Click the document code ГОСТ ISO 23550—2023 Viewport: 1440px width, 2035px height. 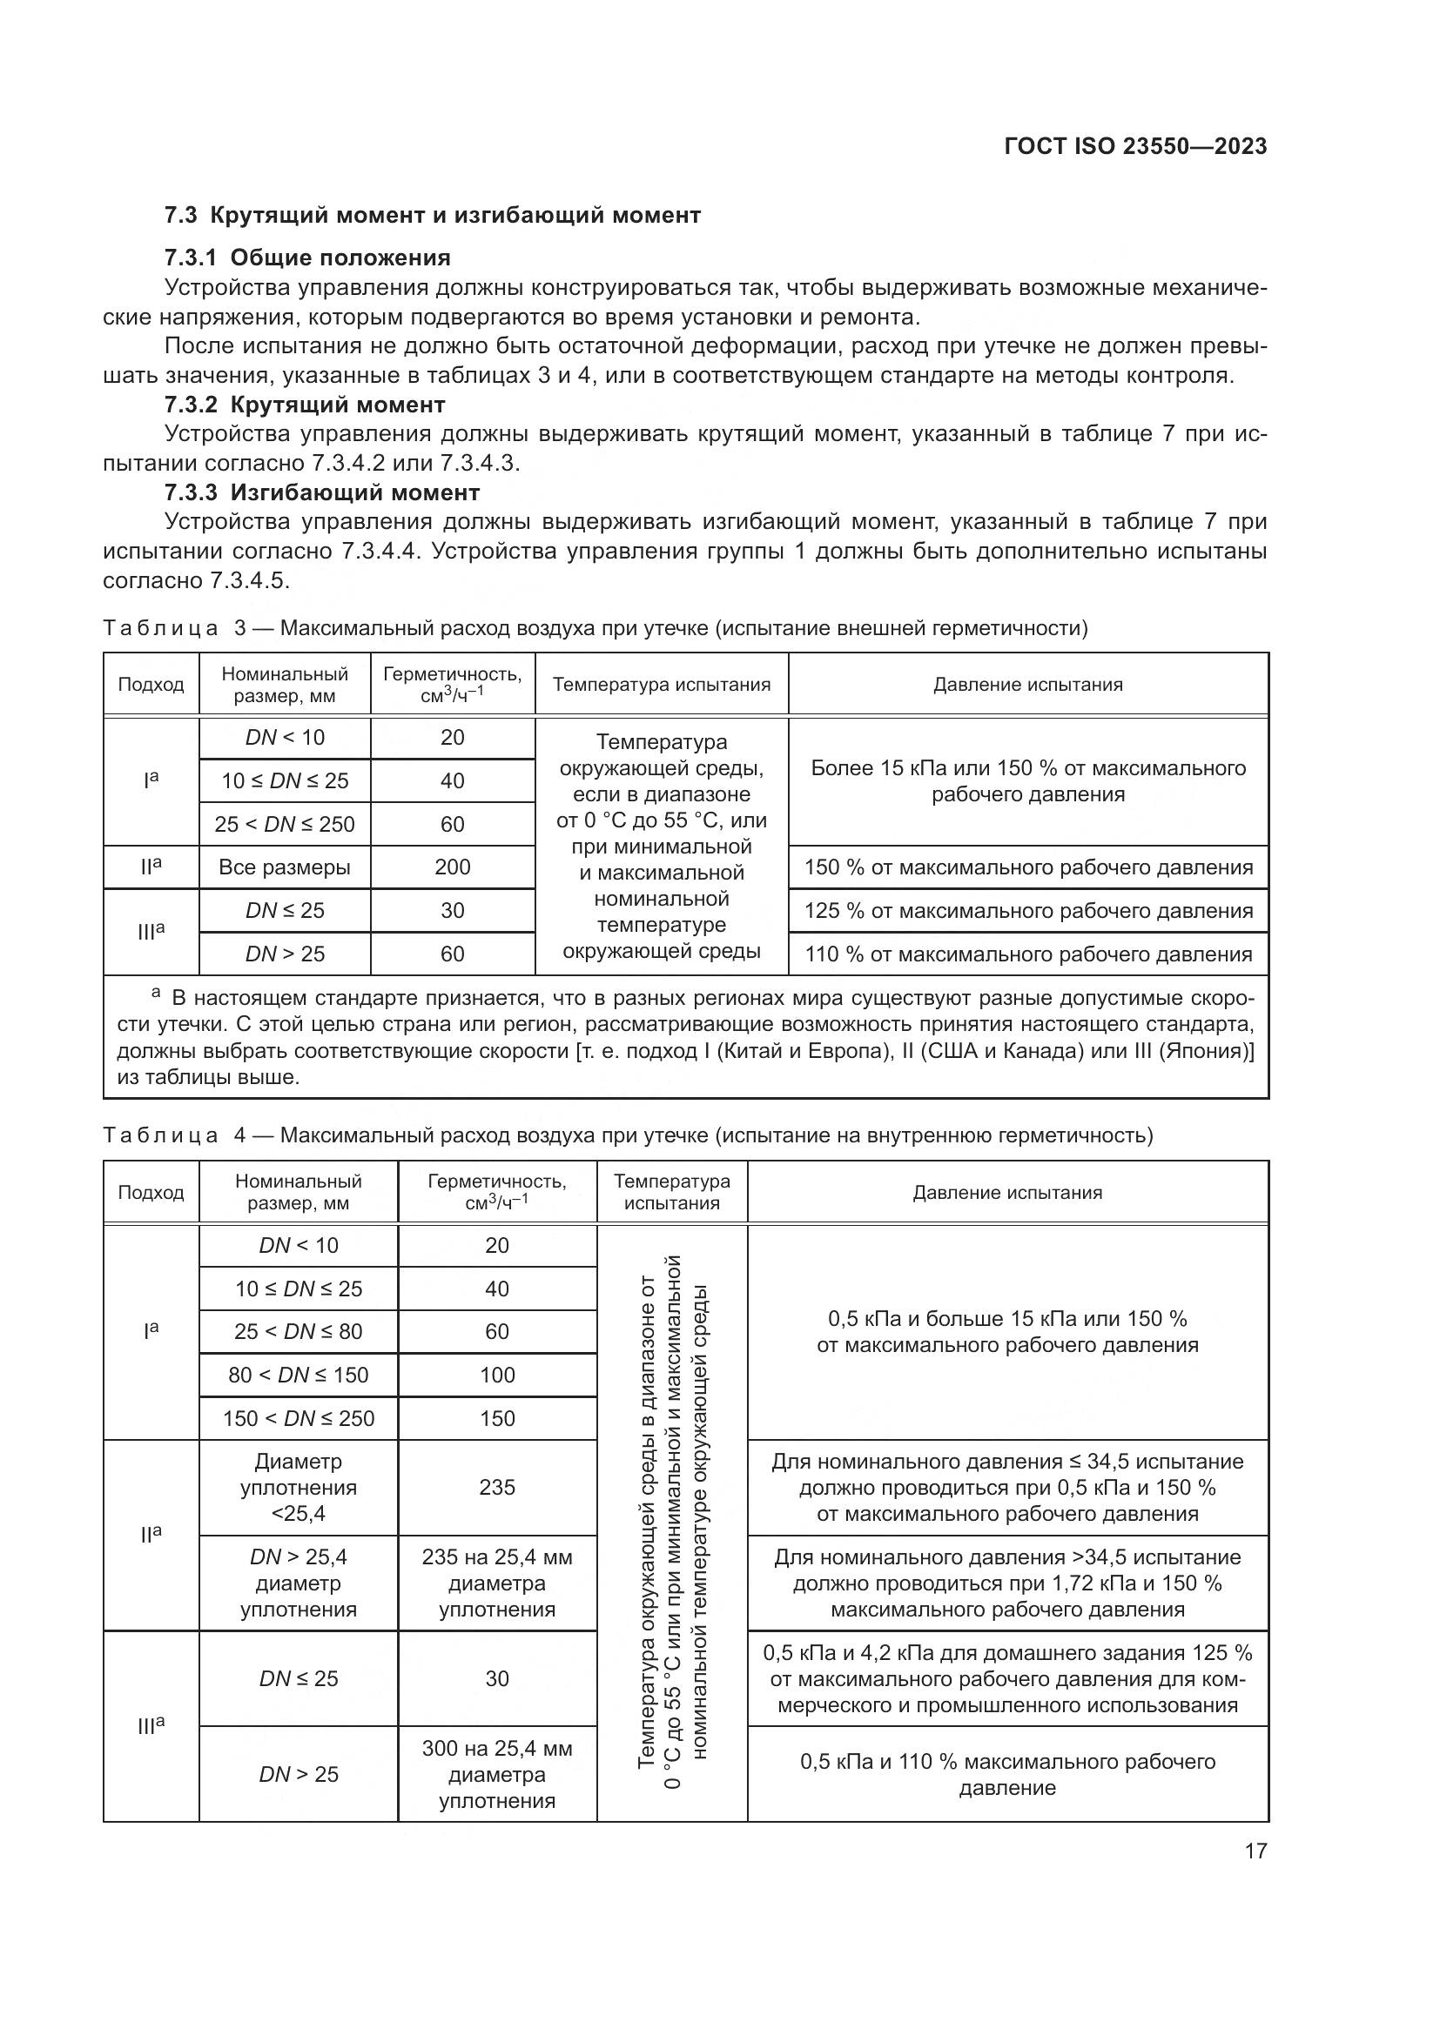click(x=1135, y=146)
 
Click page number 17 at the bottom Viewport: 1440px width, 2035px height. click(x=1255, y=1851)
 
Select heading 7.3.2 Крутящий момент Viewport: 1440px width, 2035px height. click(x=305, y=405)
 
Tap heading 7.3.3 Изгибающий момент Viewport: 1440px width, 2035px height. click(x=322, y=492)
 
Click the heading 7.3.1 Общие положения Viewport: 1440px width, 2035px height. click(x=307, y=258)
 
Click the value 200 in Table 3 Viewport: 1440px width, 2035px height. click(x=452, y=867)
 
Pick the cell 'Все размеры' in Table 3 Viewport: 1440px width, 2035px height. click(x=285, y=867)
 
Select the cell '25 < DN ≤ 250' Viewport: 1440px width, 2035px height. click(x=285, y=824)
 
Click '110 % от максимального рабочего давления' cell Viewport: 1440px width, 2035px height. click(x=1027, y=954)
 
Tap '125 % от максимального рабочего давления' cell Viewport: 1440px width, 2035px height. click(x=1027, y=911)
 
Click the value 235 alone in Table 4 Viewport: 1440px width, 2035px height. click(x=496, y=1487)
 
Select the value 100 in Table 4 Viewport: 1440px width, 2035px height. click(x=496, y=1375)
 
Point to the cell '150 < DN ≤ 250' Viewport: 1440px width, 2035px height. click(x=298, y=1418)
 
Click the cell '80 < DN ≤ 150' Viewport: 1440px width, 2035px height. click(x=298, y=1375)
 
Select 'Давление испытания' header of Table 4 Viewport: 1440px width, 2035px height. click(x=1007, y=1192)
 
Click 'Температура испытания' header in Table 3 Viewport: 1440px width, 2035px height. click(x=662, y=684)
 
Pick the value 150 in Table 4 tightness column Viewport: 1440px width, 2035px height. click(x=496, y=1418)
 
